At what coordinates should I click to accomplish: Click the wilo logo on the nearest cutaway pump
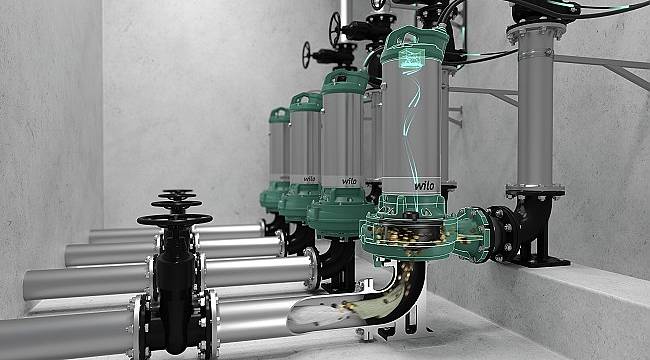424,185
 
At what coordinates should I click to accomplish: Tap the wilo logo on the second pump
349,181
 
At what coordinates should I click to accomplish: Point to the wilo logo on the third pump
310,179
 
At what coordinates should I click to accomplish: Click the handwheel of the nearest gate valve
175,220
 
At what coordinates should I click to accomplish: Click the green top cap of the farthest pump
279,115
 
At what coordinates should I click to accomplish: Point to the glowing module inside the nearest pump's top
412,56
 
